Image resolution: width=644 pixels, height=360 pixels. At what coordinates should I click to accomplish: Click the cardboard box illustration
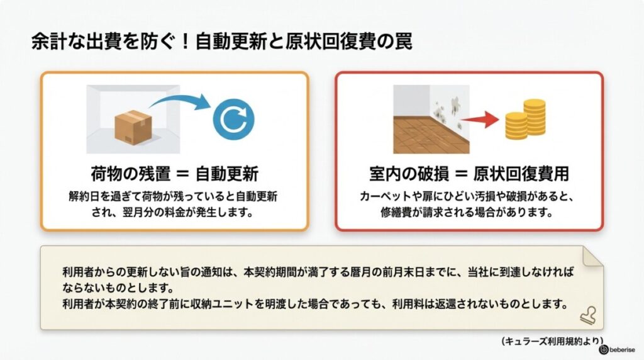tap(133, 127)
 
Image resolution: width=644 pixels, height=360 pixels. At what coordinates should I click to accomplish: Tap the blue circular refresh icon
tap(234, 119)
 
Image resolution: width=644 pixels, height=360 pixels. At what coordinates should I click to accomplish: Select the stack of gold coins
tap(525, 119)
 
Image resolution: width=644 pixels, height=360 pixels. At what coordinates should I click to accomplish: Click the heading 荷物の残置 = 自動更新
tap(175, 174)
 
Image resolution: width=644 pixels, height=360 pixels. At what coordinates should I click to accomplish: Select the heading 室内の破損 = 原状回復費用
tap(469, 174)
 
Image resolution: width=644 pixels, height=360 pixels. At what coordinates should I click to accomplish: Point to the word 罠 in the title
tap(403, 42)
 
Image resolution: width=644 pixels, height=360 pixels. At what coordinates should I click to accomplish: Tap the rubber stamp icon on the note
tap(588, 316)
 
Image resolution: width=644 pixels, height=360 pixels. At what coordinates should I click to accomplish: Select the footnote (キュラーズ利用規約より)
tap(552, 341)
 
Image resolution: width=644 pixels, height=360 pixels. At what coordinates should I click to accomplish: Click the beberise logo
tap(617, 350)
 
